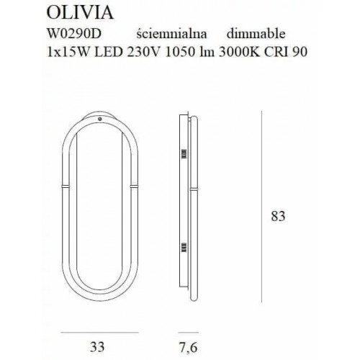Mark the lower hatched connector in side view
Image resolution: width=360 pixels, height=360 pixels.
pyautogui.click(x=183, y=248)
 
